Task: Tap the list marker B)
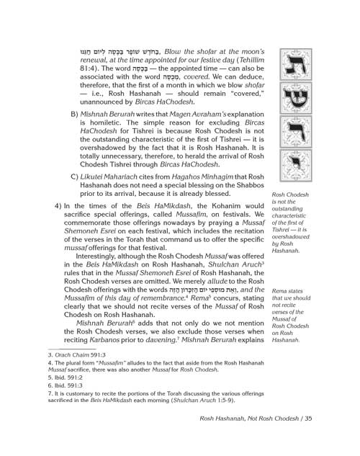click(x=74, y=113)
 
